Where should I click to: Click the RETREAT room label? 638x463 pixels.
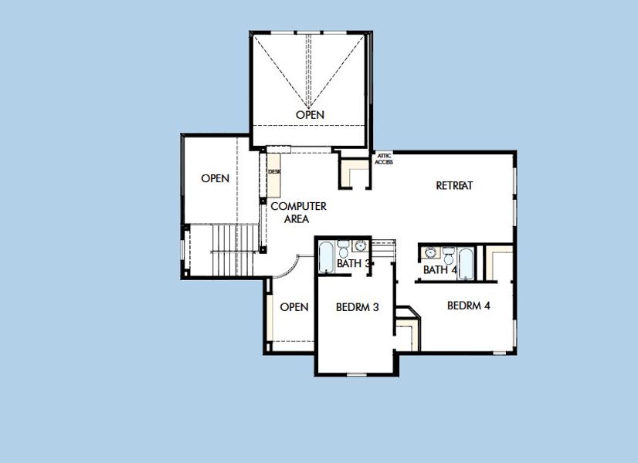(x=454, y=185)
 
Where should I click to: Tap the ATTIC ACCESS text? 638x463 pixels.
(x=385, y=158)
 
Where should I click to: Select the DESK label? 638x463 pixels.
(x=273, y=172)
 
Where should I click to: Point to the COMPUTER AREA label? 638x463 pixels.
(x=298, y=212)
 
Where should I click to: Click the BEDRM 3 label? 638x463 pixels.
(x=357, y=306)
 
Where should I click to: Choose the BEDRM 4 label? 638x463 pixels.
(x=469, y=306)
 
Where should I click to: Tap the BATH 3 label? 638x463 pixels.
(x=354, y=265)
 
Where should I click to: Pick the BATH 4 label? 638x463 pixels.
(x=439, y=269)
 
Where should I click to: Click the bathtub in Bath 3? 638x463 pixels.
(x=326, y=255)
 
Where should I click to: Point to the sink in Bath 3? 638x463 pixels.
(x=360, y=247)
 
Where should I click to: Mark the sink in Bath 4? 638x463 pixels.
(x=429, y=252)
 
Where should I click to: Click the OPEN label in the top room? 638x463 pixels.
(x=310, y=115)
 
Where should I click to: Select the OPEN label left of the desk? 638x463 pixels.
(x=215, y=178)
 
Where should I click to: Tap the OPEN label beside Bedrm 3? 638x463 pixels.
(x=294, y=306)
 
